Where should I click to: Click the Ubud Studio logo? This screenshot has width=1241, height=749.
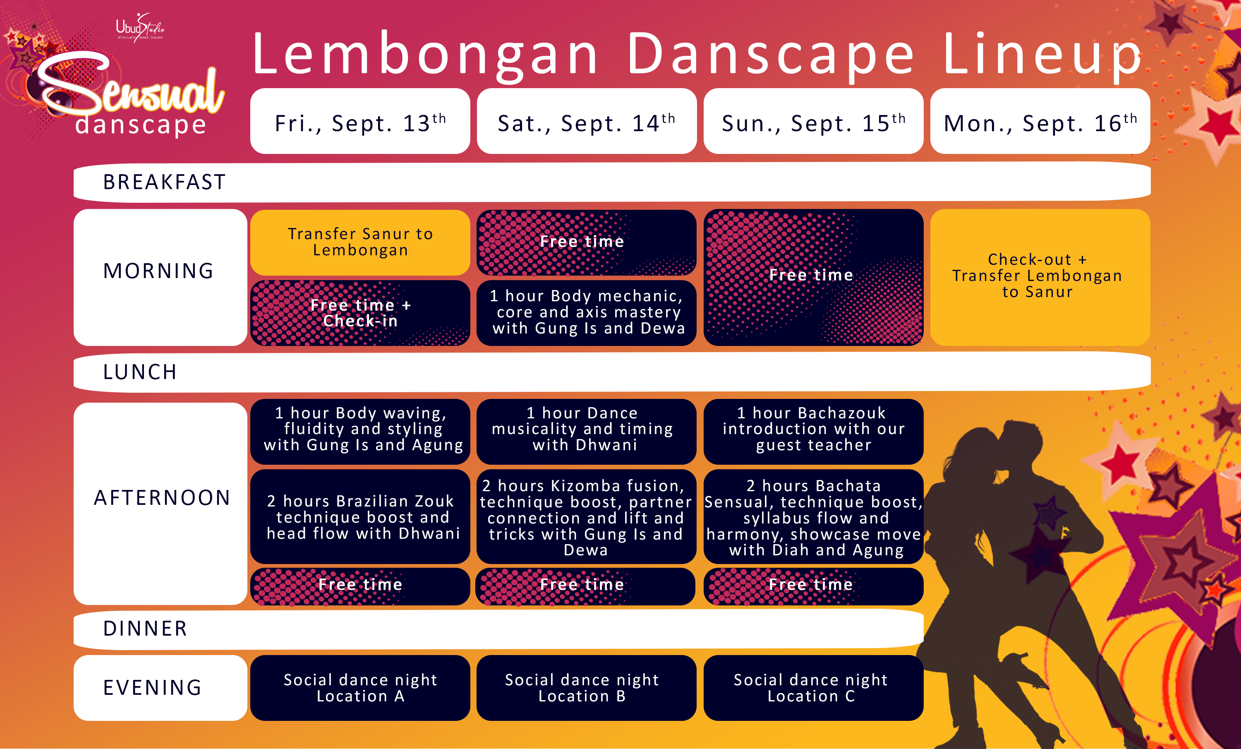pos(140,28)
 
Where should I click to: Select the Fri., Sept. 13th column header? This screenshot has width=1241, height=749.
pos(360,121)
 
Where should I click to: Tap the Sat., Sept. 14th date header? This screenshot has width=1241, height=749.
pos(587,121)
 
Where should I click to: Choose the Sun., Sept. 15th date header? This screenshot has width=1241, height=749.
pos(813,121)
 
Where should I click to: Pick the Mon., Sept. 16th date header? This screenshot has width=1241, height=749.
pos(1040,121)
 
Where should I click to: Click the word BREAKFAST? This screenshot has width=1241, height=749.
pos(164,182)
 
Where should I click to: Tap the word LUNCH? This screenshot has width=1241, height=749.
pos(140,372)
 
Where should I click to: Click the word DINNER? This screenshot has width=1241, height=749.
pos(145,629)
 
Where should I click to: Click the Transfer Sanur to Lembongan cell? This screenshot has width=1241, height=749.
pos(360,242)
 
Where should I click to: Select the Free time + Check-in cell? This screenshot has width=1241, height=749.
pos(360,313)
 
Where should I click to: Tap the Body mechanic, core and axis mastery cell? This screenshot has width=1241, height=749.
pos(587,313)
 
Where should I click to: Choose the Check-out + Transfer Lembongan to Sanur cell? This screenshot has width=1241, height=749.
pos(1040,278)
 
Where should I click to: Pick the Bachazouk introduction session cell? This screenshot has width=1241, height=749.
pos(813,432)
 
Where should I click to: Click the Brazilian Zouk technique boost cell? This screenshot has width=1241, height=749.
pos(360,517)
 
